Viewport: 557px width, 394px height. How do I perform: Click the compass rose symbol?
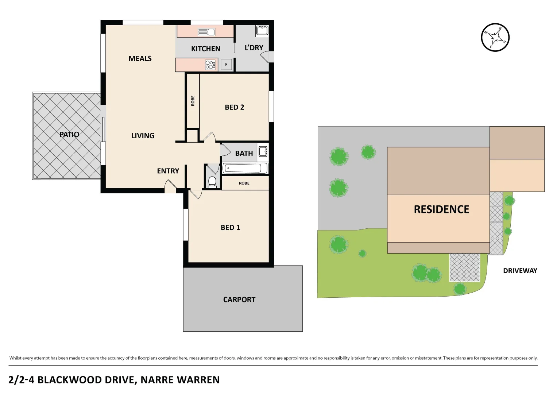point(495,37)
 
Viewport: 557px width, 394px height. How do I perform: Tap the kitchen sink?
point(206,32)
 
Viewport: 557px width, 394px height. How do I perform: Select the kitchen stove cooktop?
point(210,65)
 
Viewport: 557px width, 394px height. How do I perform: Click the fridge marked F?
point(226,65)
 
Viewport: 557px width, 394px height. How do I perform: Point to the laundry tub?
point(262,30)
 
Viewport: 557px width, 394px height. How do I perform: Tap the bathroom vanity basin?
point(263,151)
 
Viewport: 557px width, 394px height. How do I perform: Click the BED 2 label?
point(234,107)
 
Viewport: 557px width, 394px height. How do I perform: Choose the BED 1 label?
point(230,227)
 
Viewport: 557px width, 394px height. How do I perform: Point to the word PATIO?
point(69,134)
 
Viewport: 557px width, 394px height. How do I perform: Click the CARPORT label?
point(239,300)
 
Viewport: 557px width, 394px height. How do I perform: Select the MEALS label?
point(140,58)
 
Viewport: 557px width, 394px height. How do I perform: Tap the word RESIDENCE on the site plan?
point(441,209)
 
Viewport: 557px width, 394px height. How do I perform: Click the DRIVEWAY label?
point(520,271)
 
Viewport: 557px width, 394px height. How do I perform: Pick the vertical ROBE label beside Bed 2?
point(193,101)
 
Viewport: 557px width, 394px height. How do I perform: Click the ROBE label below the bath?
point(244,183)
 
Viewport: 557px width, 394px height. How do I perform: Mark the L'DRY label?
point(254,48)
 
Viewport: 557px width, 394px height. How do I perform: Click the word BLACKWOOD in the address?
point(69,380)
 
